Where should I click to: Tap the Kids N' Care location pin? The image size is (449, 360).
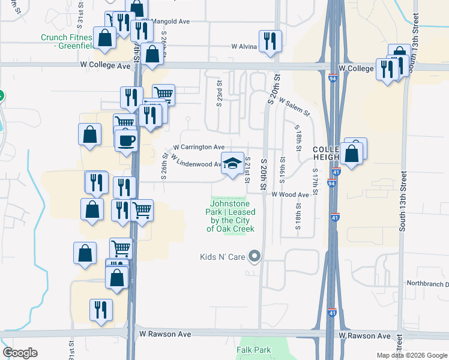click(255, 257)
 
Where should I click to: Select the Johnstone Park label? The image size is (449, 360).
click(231, 220)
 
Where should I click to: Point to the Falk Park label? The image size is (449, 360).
click(253, 350)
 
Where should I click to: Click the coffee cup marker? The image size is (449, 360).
click(126, 141)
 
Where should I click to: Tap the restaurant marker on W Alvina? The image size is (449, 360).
click(270, 41)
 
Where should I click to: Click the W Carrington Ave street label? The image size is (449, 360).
click(199, 146)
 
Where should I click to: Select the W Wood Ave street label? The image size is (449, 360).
click(290, 194)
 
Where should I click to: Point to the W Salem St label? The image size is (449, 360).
click(294, 108)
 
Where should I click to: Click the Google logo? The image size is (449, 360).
click(20, 353)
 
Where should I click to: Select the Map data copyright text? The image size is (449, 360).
click(411, 355)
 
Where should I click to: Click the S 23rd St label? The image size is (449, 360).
click(220, 94)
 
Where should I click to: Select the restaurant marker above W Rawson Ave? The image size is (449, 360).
click(100, 310)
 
